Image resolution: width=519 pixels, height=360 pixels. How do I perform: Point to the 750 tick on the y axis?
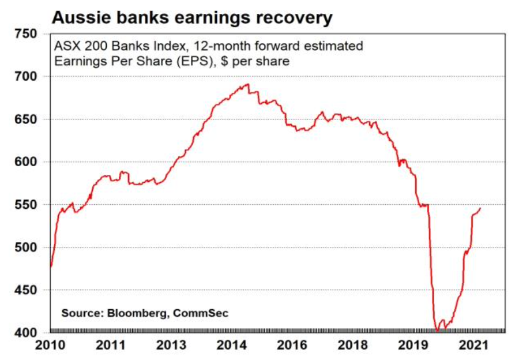[26, 34]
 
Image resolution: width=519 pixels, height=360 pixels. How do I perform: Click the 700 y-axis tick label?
[26, 77]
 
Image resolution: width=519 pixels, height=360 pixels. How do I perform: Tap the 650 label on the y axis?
[26, 119]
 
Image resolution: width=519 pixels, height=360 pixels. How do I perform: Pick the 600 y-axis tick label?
[26, 162]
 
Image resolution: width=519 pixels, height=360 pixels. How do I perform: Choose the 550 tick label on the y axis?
[26, 205]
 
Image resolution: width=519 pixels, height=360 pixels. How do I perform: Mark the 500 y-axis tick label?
[26, 247]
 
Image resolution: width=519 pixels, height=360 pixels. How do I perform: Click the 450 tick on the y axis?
[26, 290]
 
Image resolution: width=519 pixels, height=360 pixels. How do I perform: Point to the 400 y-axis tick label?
[26, 333]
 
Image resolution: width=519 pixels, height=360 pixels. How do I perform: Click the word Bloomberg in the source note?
[133, 313]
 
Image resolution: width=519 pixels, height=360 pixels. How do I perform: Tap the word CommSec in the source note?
[204, 313]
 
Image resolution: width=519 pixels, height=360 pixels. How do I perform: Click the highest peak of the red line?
[248, 84]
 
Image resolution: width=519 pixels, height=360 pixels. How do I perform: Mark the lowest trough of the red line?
[437, 331]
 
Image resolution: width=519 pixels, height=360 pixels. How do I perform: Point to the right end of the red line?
[480, 208]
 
